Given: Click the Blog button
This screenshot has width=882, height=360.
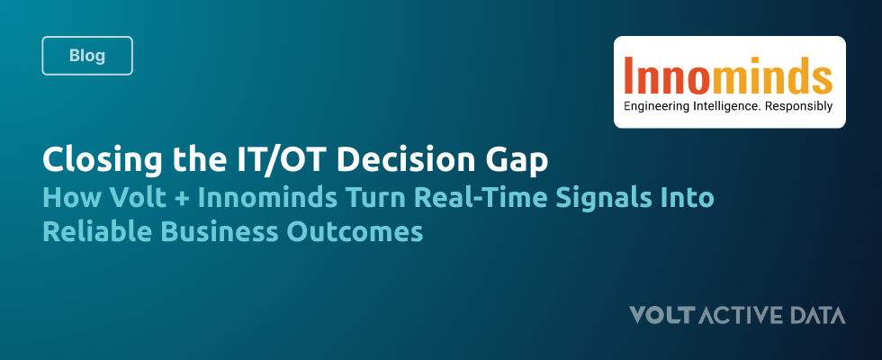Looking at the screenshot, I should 87,55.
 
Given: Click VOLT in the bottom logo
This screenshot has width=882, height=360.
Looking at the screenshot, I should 661,315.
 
